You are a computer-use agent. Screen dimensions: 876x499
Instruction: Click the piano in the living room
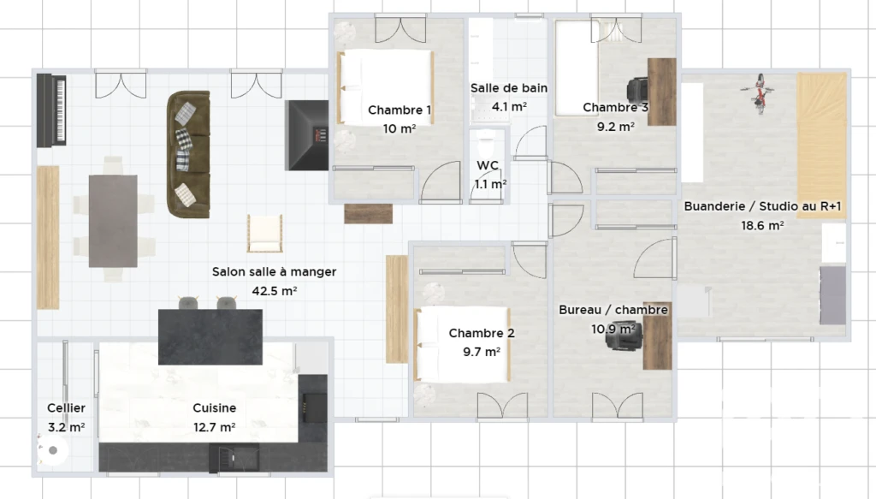[x=52, y=110]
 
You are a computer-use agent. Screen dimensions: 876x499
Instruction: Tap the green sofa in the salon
[x=188, y=154]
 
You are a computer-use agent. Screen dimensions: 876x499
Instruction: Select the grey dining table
[x=113, y=221]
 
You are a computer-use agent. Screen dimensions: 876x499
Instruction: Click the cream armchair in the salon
[x=264, y=233]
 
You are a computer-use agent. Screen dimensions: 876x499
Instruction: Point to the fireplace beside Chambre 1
[x=307, y=135]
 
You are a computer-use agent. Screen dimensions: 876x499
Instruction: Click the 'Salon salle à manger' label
[x=274, y=271]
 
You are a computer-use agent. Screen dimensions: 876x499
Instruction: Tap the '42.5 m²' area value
[x=274, y=290]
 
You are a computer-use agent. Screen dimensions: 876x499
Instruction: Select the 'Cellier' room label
[x=66, y=408]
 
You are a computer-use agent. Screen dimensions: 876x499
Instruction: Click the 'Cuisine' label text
[x=214, y=408]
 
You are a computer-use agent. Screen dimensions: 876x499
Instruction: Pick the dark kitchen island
[x=210, y=337]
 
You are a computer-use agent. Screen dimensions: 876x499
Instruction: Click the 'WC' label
[x=488, y=165]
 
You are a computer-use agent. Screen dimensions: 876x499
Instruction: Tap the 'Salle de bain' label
[x=508, y=87]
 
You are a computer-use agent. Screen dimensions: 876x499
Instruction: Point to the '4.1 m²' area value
[x=509, y=106]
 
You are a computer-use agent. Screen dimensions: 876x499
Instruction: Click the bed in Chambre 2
[x=462, y=344]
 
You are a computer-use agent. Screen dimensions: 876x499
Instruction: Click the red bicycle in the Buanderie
[x=760, y=92]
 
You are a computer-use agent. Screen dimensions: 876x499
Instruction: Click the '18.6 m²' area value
[x=762, y=226]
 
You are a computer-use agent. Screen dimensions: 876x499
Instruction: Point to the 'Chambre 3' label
[x=616, y=107]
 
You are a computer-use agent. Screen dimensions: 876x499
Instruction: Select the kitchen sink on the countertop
[x=234, y=458]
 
